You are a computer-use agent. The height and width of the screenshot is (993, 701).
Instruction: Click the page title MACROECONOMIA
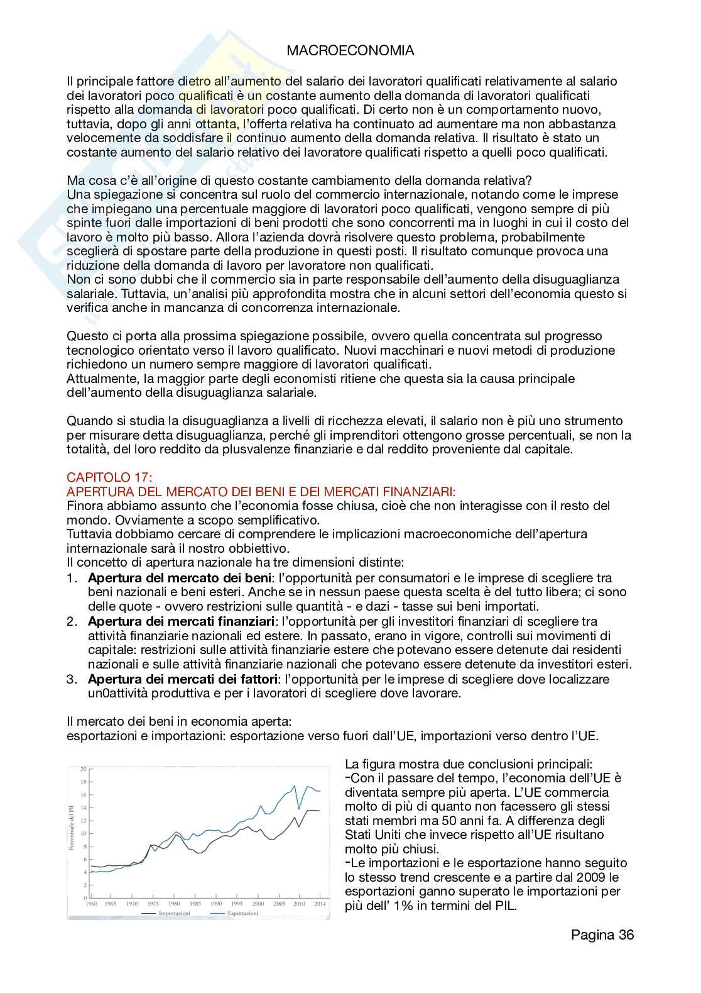coord(350,51)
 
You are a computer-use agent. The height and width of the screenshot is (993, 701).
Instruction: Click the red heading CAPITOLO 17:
coord(109,477)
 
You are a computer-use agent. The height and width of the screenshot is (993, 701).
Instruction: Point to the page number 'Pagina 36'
coord(602,935)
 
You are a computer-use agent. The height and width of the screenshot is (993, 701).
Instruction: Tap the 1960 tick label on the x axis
coord(92,904)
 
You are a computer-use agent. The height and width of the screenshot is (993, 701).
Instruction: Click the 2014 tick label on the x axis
coord(319,904)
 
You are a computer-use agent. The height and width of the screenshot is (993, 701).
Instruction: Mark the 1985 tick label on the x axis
coord(195,904)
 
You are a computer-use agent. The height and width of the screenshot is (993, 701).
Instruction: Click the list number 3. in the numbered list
coord(72,679)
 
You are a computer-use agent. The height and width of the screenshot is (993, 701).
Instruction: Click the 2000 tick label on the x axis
coord(258,904)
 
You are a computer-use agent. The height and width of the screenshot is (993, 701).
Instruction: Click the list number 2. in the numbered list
coord(72,621)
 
